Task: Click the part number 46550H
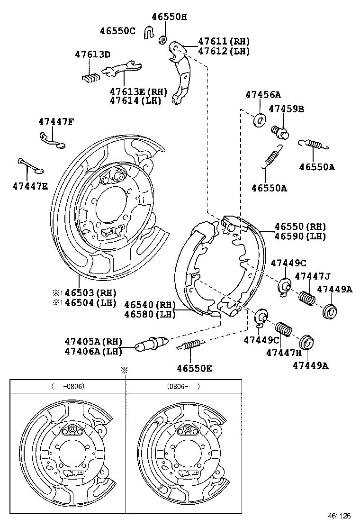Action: [169, 18]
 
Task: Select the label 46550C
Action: [117, 31]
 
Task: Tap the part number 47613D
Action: [92, 55]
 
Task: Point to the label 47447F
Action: [56, 122]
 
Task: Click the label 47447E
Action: [30, 186]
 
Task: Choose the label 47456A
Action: [263, 95]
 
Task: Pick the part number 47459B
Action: [286, 109]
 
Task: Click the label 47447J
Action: [312, 276]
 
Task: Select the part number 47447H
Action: [284, 353]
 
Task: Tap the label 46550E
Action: [194, 368]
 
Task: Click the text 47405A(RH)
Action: [93, 341]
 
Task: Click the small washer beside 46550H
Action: [162, 39]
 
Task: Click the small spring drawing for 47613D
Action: [90, 76]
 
